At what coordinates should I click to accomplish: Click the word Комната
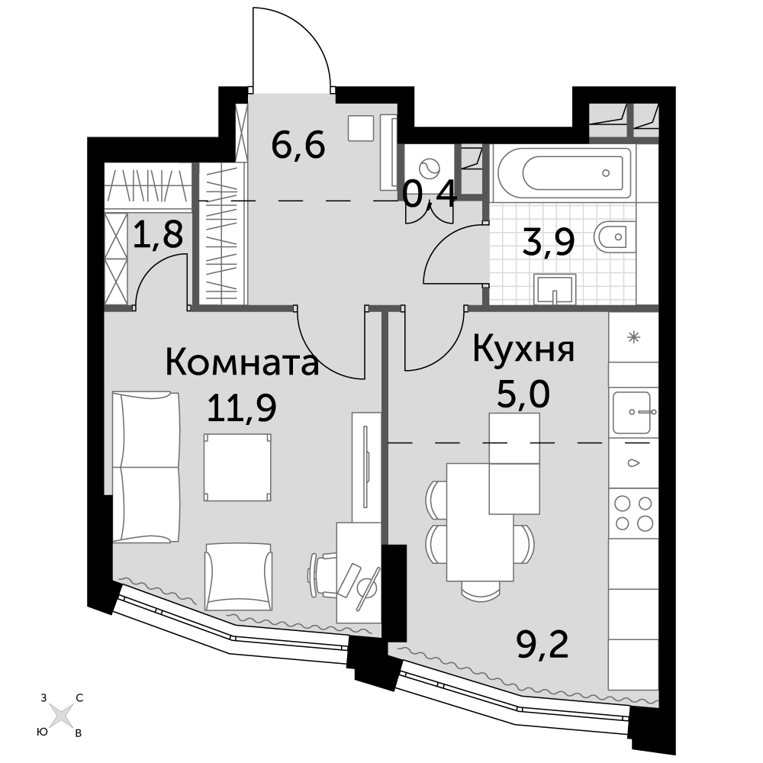(242, 363)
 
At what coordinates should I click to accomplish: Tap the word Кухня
(523, 349)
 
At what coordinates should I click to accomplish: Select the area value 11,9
(242, 407)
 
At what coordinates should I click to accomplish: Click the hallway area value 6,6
(298, 145)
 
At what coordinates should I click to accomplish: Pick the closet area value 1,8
(158, 234)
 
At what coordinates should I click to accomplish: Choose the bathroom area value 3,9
(549, 242)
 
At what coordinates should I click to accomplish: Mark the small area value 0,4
(430, 194)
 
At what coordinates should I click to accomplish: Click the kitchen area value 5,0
(523, 394)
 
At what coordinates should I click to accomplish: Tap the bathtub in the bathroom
(565, 173)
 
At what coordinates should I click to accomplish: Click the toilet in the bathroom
(615, 237)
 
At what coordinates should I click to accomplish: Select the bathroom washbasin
(555, 289)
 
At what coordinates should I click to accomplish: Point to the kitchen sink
(632, 413)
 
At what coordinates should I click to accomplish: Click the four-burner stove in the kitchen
(633, 513)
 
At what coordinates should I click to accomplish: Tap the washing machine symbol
(429, 169)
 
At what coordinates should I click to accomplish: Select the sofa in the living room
(146, 467)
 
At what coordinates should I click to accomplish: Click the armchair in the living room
(238, 577)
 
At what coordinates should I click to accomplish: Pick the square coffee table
(237, 467)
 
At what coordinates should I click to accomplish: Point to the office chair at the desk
(324, 575)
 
